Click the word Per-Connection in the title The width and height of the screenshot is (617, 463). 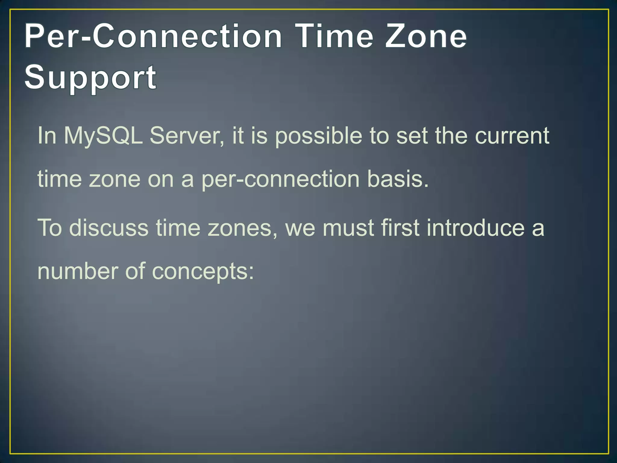coord(153,37)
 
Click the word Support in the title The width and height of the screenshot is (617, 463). coord(90,78)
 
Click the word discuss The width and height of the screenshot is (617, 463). coord(109,228)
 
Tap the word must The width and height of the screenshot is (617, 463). coord(348,228)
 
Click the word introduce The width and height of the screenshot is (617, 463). coord(476,228)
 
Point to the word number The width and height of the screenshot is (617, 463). coord(77,271)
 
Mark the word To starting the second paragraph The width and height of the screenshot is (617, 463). coord(49,228)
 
